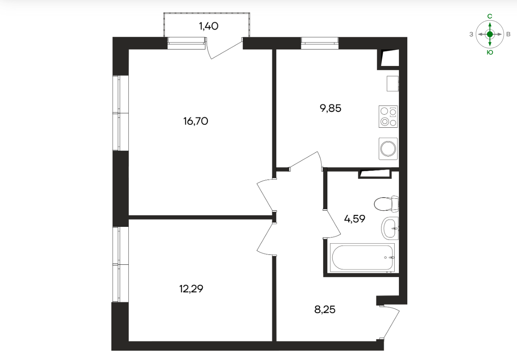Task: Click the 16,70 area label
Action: (x=196, y=121)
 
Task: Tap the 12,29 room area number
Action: (x=191, y=289)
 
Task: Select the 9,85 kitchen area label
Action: (x=331, y=108)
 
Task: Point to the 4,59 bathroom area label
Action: (x=354, y=219)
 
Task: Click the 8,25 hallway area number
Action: (x=325, y=310)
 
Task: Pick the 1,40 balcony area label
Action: (x=209, y=26)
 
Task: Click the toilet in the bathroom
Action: (x=386, y=204)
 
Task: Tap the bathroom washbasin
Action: (x=390, y=228)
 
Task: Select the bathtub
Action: (x=362, y=258)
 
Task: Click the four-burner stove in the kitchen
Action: (x=388, y=116)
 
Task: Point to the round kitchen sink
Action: (x=388, y=149)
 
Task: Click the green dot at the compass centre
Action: (x=490, y=34)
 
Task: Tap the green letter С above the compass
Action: (x=490, y=16)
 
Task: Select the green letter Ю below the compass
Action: (x=490, y=52)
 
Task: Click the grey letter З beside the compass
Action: (x=471, y=34)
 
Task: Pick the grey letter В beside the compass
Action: (x=508, y=34)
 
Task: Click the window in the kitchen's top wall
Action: (x=320, y=43)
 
